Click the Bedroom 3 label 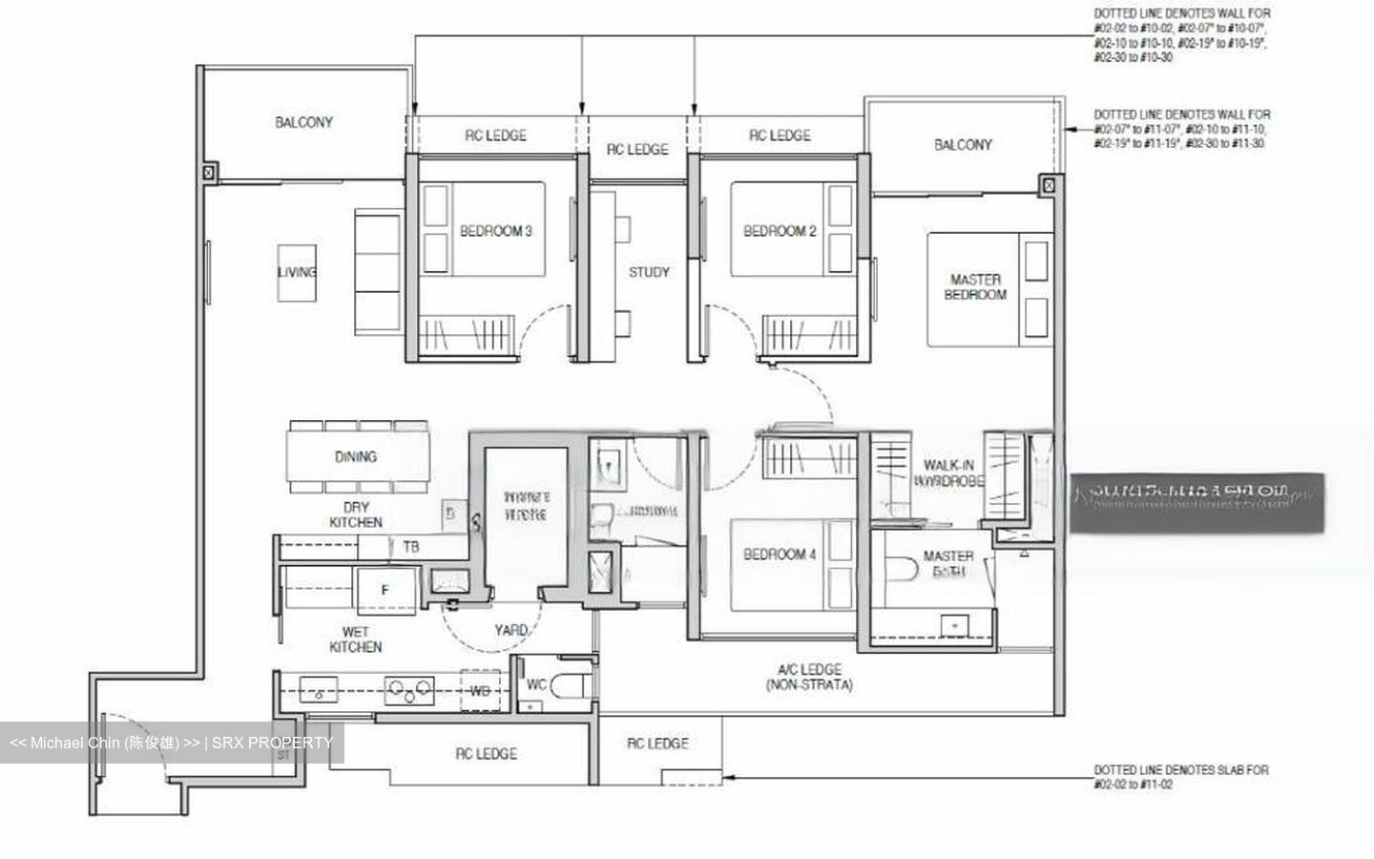pyautogui.click(x=495, y=231)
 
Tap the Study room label pyautogui.click(x=649, y=272)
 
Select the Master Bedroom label pyautogui.click(x=975, y=287)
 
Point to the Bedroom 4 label pyautogui.click(x=780, y=555)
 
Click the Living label pyautogui.click(x=297, y=272)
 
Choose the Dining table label pyautogui.click(x=355, y=457)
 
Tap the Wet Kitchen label pyautogui.click(x=355, y=639)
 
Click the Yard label pyautogui.click(x=510, y=630)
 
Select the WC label pyautogui.click(x=536, y=685)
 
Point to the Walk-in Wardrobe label pyautogui.click(x=948, y=473)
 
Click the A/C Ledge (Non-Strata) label pyautogui.click(x=808, y=677)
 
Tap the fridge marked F pyautogui.click(x=385, y=591)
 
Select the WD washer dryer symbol pyautogui.click(x=480, y=691)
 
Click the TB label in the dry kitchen pyautogui.click(x=410, y=547)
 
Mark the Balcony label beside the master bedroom pyautogui.click(x=963, y=145)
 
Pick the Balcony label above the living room pyautogui.click(x=303, y=122)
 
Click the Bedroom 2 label pyautogui.click(x=780, y=231)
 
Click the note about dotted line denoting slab pyautogui.click(x=1181, y=777)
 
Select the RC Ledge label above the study pyautogui.click(x=637, y=150)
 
